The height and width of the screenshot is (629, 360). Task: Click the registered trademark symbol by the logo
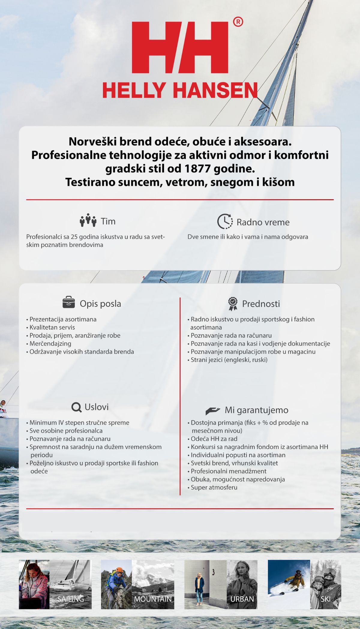(238, 22)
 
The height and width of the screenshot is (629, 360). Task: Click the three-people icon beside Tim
(88, 220)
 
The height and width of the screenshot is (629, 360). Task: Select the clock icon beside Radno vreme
(225, 222)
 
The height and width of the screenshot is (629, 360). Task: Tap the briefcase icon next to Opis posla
(69, 302)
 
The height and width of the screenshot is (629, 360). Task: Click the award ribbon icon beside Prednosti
(232, 304)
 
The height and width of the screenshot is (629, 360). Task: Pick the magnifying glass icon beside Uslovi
(76, 407)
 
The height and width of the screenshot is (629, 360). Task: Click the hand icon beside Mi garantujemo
(213, 410)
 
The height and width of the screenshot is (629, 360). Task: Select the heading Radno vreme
(263, 222)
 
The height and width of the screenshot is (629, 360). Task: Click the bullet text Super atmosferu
(214, 487)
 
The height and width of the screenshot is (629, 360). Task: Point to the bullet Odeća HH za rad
(214, 439)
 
